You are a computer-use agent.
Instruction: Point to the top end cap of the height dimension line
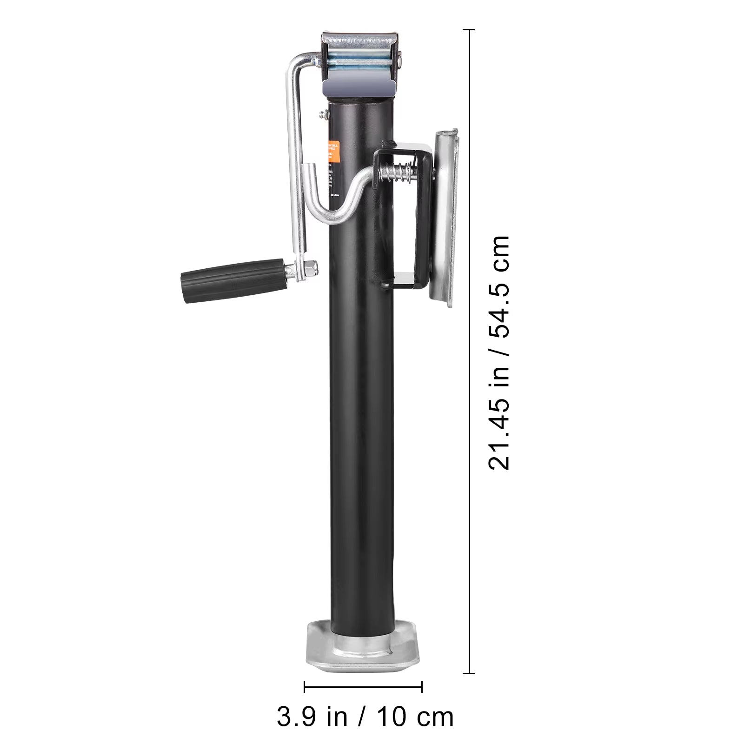pos(469,30)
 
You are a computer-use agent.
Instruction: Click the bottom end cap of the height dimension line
pos(469,673)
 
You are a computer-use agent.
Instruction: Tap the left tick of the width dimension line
pos(305,686)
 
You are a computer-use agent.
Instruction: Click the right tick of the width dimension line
pos(422,686)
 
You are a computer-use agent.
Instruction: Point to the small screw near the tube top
pos(322,113)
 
